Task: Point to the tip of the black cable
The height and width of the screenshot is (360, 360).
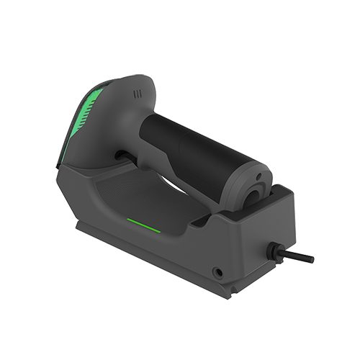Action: [310, 258]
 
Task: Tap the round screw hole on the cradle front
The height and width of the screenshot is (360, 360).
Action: [217, 272]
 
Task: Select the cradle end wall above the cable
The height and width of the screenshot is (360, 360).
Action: [281, 223]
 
